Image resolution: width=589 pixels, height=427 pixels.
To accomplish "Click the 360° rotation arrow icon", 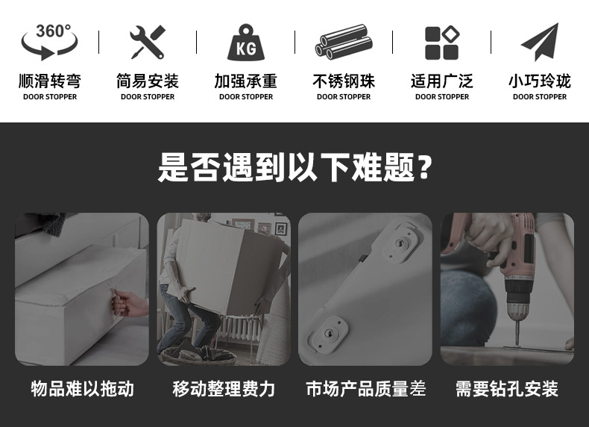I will pos(50,42).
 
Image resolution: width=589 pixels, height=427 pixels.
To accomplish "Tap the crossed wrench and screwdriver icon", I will pos(148,42).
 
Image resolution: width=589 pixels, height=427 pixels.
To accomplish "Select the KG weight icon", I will pos(245,43).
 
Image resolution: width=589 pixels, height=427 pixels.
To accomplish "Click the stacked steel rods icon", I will pos(343,42).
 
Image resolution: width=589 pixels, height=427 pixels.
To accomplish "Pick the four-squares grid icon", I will pos(441,43).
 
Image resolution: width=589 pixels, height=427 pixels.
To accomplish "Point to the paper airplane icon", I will pos(540,42).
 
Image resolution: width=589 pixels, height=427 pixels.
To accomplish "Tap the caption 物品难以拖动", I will pos(82,389).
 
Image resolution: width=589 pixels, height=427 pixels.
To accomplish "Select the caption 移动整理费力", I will pos(224,389).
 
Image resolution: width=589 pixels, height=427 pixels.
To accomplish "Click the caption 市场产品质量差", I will pos(365,389).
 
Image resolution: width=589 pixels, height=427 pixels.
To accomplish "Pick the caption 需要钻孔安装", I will pos(507,389).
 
